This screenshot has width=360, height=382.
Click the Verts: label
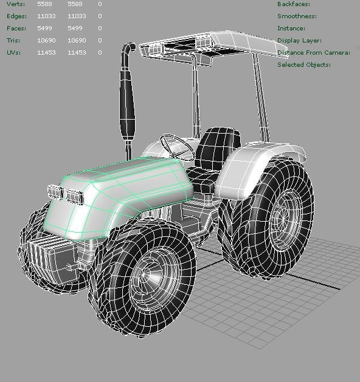click(x=16, y=4)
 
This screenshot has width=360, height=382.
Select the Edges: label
click(x=17, y=16)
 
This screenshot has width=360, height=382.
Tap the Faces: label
click(x=16, y=29)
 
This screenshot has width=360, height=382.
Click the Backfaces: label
click(x=294, y=4)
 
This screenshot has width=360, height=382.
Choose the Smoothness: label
click(x=297, y=16)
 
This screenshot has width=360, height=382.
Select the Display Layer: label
click(x=299, y=41)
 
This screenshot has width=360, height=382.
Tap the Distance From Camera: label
click(x=313, y=53)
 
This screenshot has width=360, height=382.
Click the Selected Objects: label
click(x=304, y=65)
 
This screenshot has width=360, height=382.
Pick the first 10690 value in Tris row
click(x=46, y=41)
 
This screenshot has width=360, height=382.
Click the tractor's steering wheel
click(x=177, y=146)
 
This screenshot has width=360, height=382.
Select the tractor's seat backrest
click(x=216, y=148)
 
